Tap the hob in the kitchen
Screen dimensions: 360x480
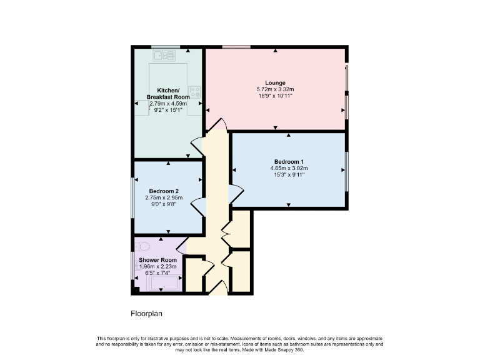(194, 92)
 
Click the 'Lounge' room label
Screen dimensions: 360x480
(275, 82)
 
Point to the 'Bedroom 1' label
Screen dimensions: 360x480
(289, 161)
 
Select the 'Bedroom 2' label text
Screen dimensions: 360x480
(164, 191)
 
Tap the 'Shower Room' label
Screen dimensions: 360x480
(157, 259)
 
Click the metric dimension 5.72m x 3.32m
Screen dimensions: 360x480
(275, 89)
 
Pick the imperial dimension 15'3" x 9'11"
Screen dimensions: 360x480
(289, 175)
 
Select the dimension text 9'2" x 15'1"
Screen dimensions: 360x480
(164, 111)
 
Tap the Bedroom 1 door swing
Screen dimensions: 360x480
(236, 194)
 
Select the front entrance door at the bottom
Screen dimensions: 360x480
(216, 288)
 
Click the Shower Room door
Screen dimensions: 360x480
(181, 244)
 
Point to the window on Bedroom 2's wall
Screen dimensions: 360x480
(132, 197)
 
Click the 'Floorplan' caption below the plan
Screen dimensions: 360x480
(146, 313)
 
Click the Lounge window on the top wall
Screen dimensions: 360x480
(237, 47)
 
